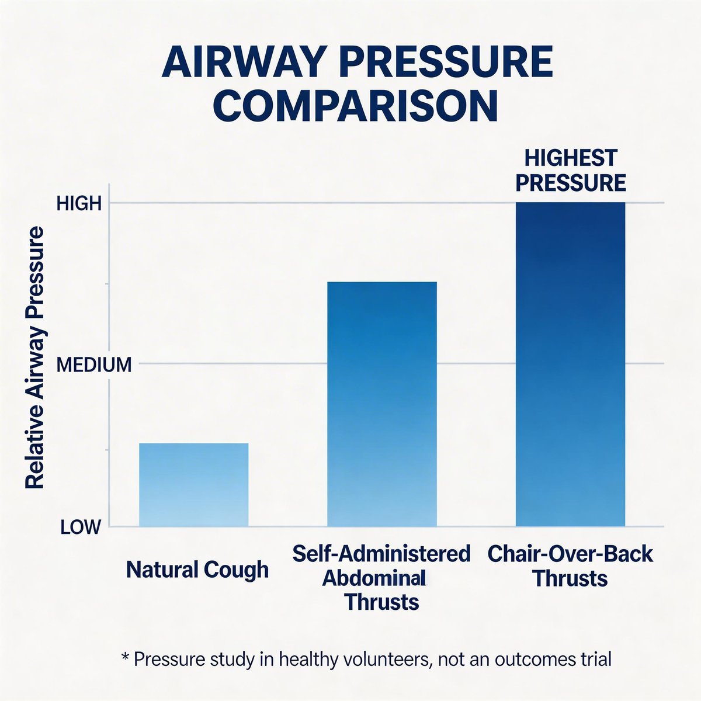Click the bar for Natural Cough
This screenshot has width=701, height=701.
pos(193,485)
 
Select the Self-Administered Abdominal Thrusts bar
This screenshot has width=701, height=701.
pos(381,403)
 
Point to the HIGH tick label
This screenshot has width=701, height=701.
pos(79,203)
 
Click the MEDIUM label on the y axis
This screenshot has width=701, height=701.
pos(93,365)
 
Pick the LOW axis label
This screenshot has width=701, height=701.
pos(80,528)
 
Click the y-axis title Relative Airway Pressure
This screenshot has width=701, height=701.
pos(35,358)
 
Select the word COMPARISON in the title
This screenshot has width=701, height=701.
pos(356,105)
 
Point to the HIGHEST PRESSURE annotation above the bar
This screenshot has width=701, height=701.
pos(570,170)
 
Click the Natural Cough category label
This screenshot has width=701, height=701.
pos(197,570)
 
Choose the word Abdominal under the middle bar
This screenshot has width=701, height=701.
pos(373,578)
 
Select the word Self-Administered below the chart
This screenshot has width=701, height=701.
pos(381,554)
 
